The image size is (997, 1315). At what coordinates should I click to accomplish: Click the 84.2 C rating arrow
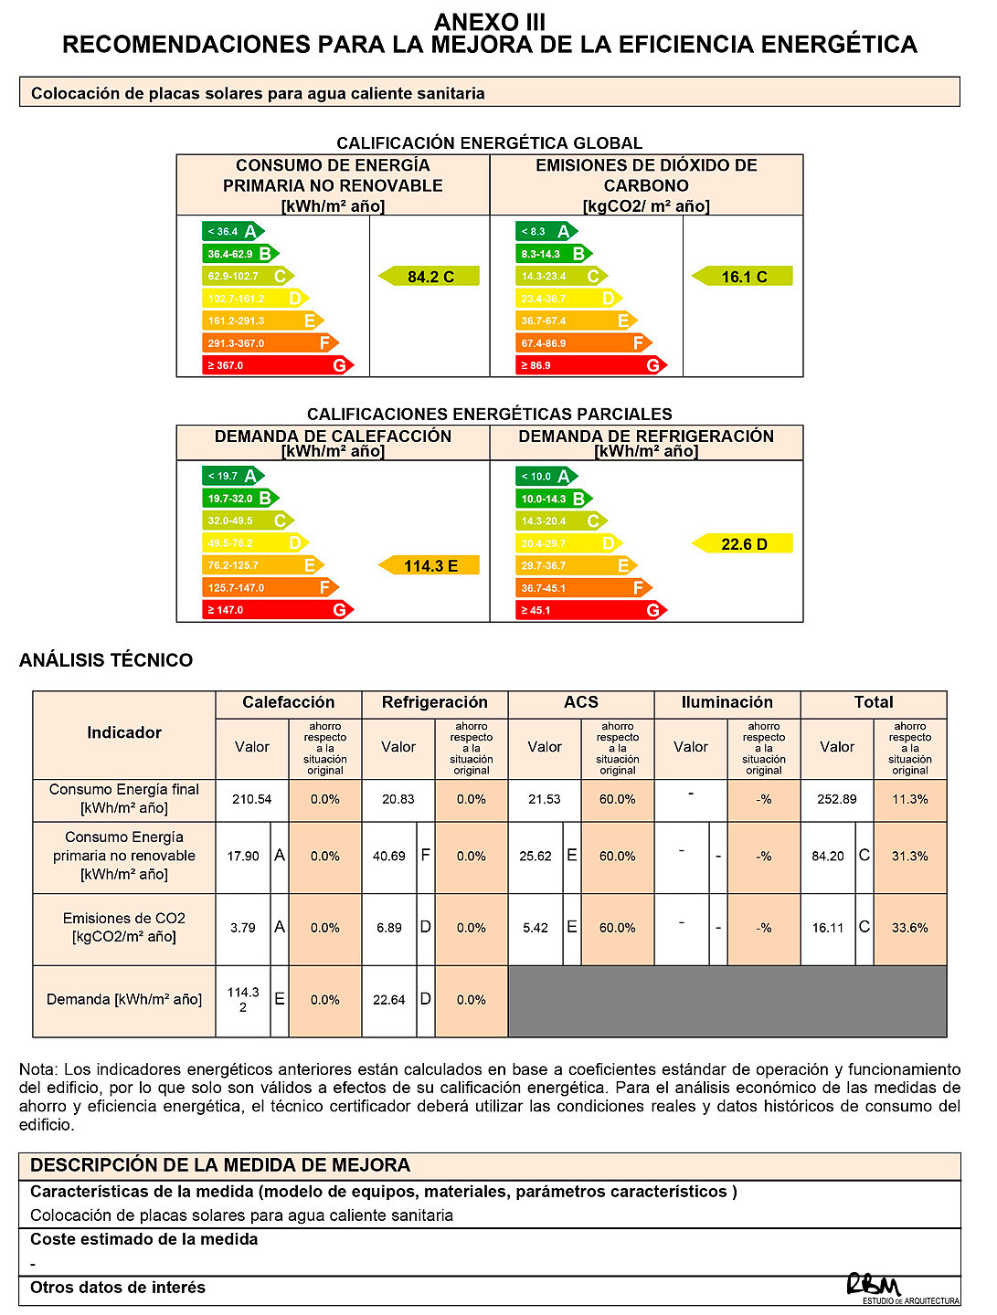430,277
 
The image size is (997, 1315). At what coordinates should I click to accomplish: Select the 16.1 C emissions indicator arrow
743,277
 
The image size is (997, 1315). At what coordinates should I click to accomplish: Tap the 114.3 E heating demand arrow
430,566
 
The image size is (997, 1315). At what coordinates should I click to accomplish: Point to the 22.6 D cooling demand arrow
743,544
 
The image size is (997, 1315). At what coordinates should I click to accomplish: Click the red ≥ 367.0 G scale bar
277,365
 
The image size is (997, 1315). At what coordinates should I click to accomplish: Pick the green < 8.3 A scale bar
546,232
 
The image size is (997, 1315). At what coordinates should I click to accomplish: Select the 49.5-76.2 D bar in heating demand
255,543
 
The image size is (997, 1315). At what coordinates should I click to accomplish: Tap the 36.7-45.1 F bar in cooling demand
583,588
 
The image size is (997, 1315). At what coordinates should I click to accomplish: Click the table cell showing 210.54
252,799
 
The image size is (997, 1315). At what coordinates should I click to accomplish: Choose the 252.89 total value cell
837,799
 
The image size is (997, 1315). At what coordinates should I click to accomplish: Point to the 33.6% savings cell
910,928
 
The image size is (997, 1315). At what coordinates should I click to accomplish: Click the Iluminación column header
727,702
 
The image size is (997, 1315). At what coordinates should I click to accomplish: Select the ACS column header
581,702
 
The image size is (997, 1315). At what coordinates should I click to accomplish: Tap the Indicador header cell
124,732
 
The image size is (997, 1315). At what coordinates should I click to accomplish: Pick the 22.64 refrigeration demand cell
389,1000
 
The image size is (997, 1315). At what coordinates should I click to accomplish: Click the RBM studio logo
875,1286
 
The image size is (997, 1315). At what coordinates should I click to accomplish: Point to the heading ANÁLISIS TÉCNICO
106,660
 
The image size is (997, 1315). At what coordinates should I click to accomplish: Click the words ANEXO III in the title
490,22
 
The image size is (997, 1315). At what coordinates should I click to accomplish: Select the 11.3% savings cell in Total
910,799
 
